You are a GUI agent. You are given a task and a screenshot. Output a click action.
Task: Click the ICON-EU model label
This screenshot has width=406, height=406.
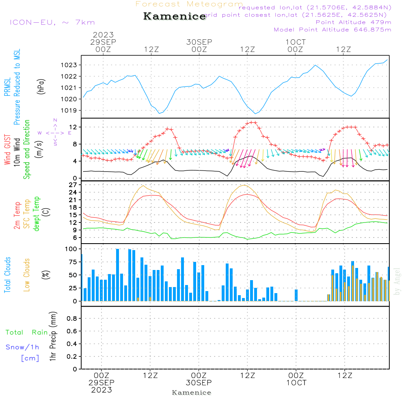[x=52, y=22]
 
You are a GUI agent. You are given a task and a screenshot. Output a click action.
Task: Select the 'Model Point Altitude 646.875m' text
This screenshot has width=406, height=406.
[x=333, y=30]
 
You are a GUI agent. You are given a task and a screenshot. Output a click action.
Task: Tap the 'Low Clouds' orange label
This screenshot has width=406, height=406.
[x=27, y=275]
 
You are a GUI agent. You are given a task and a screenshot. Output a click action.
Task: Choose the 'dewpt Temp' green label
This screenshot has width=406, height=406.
[x=37, y=214]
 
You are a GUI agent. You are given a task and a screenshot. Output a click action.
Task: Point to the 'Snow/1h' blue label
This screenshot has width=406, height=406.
[x=22, y=347]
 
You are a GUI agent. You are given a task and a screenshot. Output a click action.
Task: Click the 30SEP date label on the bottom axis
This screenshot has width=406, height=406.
[x=199, y=382]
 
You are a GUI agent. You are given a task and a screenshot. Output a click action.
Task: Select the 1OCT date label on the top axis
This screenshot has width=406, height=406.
[x=296, y=42]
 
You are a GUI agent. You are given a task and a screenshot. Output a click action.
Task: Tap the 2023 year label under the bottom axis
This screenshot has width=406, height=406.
[x=101, y=390]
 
